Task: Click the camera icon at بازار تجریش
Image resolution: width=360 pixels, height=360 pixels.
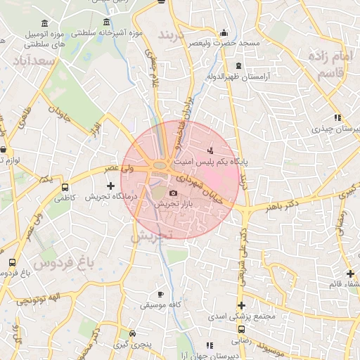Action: pyautogui.click(x=174, y=193)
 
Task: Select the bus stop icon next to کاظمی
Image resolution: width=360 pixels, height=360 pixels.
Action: pyautogui.click(x=65, y=188)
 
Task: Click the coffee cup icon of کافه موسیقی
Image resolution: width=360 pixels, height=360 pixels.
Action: pyautogui.click(x=160, y=294)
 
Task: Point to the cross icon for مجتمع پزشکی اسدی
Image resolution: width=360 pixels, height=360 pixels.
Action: pyautogui.click(x=242, y=305)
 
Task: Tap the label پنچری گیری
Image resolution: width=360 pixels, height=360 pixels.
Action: pyautogui.click(x=131, y=345)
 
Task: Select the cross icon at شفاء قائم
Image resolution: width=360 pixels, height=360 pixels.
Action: pyautogui.click(x=350, y=274)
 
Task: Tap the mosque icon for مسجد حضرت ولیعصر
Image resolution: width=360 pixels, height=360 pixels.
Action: pyautogui.click(x=224, y=32)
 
